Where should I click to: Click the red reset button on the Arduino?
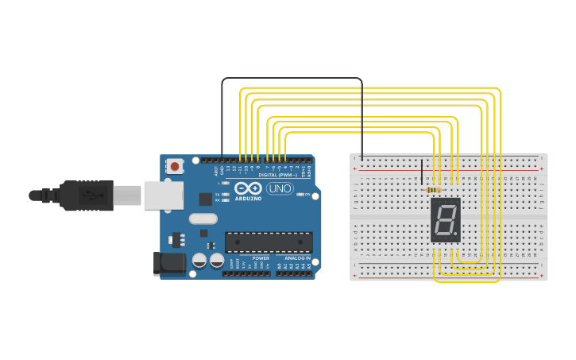(x=173, y=166)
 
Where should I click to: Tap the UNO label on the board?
(x=279, y=189)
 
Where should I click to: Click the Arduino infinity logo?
(x=248, y=189)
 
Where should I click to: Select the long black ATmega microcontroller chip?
(x=268, y=242)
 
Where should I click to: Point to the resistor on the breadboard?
(x=434, y=190)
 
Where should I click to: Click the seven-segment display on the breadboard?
(x=445, y=220)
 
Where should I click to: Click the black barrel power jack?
(x=168, y=264)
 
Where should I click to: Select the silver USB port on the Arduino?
(x=163, y=195)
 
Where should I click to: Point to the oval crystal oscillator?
(x=203, y=219)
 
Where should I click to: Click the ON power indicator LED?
(x=301, y=194)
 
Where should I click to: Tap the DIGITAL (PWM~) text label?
(x=278, y=175)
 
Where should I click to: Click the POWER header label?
(x=261, y=258)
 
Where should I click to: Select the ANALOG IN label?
(x=297, y=258)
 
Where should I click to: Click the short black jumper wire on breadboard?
(x=422, y=172)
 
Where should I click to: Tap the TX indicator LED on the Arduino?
(x=226, y=194)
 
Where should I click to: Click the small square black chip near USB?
(x=205, y=199)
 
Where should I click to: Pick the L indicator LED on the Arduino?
(x=226, y=183)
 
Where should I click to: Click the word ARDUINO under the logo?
(x=249, y=198)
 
